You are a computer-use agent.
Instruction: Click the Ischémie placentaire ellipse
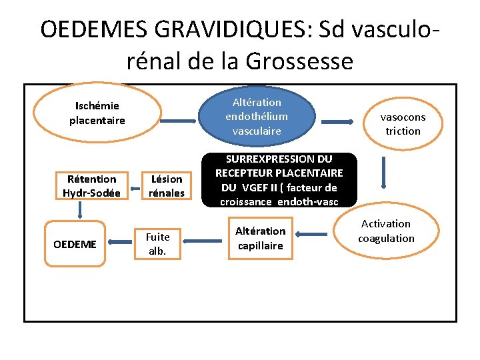click(x=97, y=113)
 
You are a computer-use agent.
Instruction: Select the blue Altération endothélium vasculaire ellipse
click(x=257, y=117)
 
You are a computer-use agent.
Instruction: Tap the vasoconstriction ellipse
click(x=403, y=124)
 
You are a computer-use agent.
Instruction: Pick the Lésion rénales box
click(x=167, y=186)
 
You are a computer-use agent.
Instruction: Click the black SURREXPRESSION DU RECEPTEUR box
click(x=279, y=180)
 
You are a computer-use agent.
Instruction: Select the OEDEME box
click(x=74, y=244)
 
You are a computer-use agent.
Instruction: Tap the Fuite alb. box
click(x=157, y=244)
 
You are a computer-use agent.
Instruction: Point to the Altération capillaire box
click(x=260, y=238)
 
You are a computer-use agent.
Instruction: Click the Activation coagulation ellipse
click(x=386, y=231)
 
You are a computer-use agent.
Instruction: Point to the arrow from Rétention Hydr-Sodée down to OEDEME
click(x=79, y=211)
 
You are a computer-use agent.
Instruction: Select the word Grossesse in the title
click(x=299, y=61)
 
